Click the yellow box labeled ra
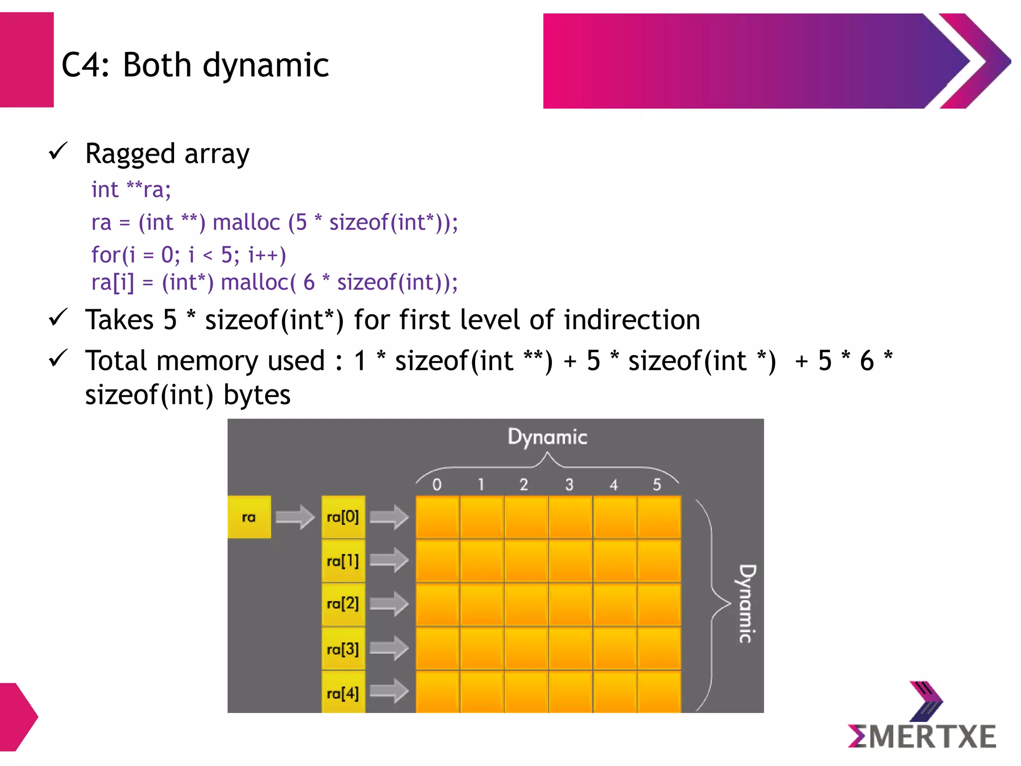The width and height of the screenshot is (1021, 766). [x=249, y=517]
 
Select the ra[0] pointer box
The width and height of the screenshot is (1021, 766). [x=343, y=517]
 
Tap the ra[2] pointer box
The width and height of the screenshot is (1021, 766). [x=343, y=604]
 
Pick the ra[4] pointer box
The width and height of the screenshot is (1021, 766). [x=343, y=693]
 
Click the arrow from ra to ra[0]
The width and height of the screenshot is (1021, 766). [x=295, y=517]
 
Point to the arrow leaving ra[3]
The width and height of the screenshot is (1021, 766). [x=389, y=648]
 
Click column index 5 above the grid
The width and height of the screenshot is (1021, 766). [x=657, y=484]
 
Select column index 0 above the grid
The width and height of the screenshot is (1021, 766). [x=437, y=484]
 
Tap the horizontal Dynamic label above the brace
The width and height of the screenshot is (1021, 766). [x=547, y=437]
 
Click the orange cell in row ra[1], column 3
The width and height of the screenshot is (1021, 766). [x=570, y=561]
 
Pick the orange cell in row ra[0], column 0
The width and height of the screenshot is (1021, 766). [x=437, y=517]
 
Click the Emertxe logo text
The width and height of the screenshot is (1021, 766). [x=922, y=737]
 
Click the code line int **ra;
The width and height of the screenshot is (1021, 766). [x=131, y=190]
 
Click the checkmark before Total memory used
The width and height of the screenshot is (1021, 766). [x=58, y=359]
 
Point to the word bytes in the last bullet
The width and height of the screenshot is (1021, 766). [x=257, y=395]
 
